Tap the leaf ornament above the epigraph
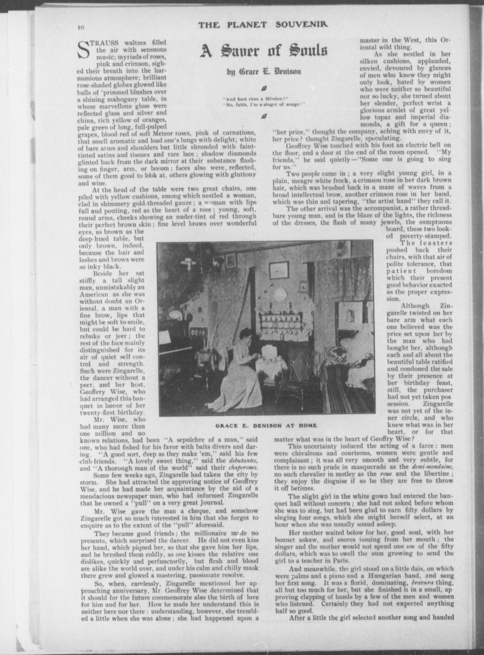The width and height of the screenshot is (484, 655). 264,89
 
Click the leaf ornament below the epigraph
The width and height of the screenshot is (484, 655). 264,116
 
